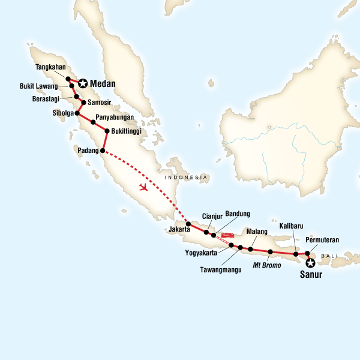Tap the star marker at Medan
tap(81, 85)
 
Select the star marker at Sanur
tap(310, 263)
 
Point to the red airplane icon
tap(143, 188)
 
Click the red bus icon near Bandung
tap(228, 235)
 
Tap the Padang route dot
tap(103, 151)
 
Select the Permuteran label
tap(322, 241)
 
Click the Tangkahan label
tap(50, 67)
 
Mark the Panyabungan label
tap(114, 118)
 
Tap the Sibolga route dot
tap(77, 112)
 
